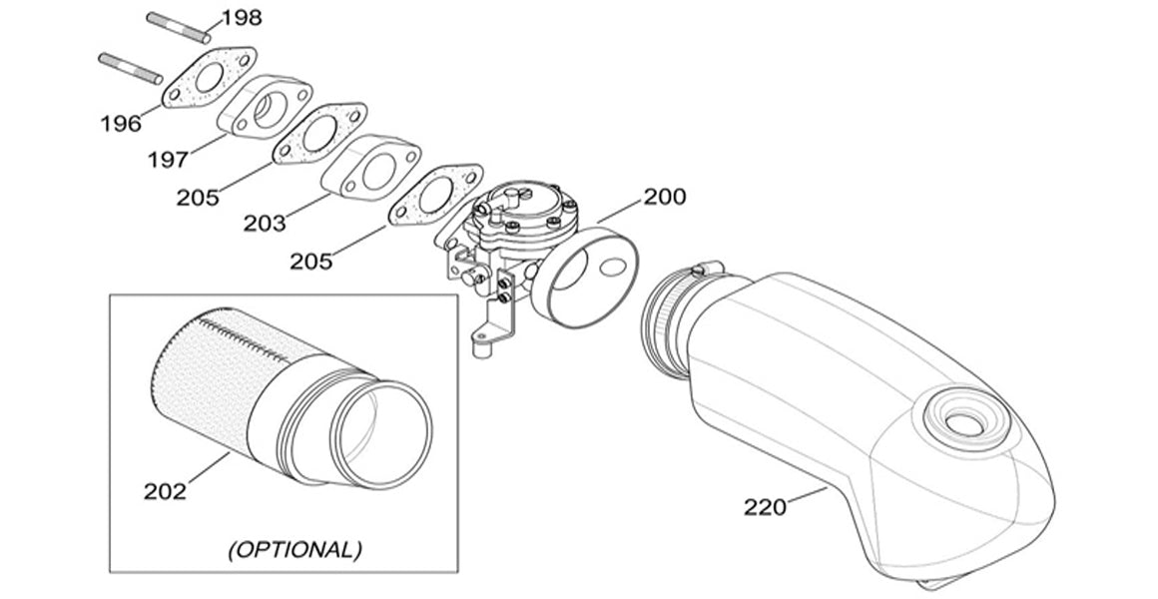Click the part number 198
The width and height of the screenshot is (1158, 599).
click(x=243, y=17)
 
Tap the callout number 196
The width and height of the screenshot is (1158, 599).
click(x=121, y=123)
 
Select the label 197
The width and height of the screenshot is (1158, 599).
click(x=168, y=159)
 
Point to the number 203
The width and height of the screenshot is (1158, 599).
click(x=265, y=223)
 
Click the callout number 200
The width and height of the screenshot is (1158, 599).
click(x=665, y=197)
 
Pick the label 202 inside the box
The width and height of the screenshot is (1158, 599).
click(x=165, y=491)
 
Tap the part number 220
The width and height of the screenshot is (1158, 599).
click(x=765, y=507)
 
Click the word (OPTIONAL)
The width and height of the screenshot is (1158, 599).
click(x=294, y=549)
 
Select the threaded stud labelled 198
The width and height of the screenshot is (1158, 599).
click(x=178, y=27)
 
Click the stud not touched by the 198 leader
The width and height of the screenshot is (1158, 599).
click(x=131, y=68)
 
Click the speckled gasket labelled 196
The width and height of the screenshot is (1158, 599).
click(x=209, y=78)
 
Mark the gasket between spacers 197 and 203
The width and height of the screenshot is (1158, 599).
click(x=319, y=134)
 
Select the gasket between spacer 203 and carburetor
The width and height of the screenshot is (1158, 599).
click(x=435, y=195)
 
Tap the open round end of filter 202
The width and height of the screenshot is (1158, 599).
click(x=381, y=435)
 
